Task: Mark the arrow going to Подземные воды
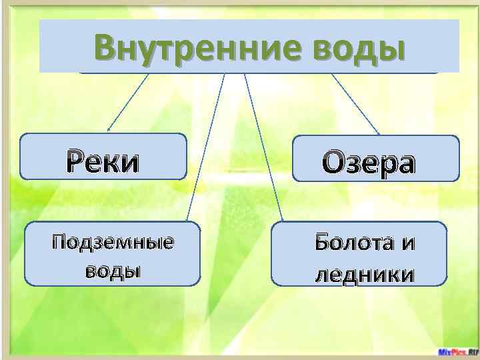pos(207,147)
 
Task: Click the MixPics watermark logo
pos(457,351)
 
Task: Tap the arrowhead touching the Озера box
pos(378,133)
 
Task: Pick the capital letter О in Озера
pos(335,163)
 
